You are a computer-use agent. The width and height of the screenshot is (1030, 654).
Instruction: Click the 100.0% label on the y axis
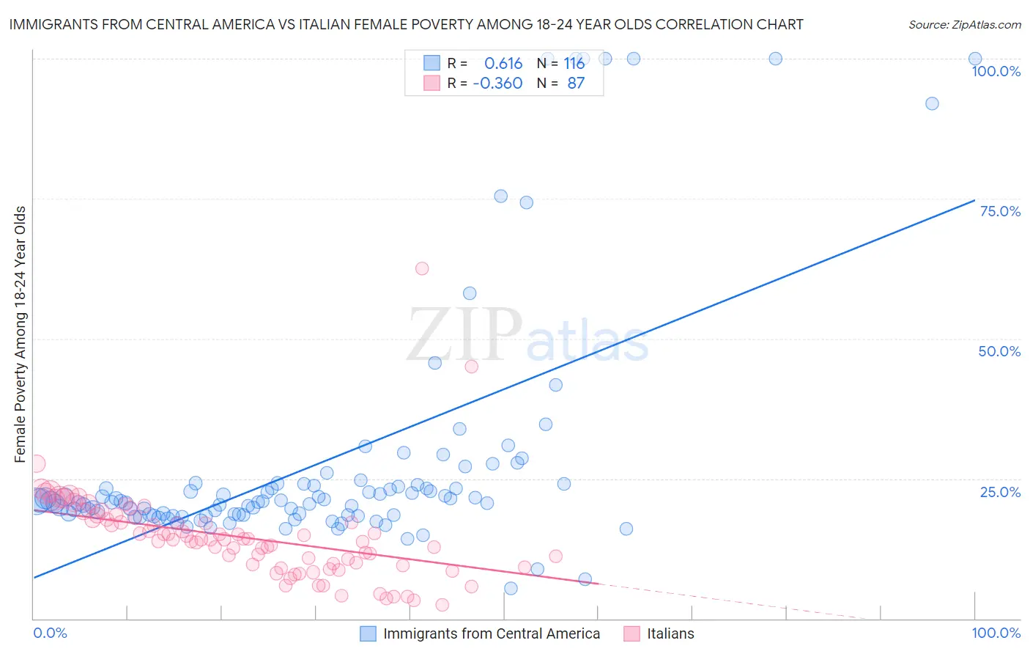click(996, 71)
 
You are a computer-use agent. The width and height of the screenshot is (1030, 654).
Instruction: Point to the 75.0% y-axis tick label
click(1000, 211)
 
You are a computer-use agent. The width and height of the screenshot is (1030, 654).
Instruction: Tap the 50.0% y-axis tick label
click(999, 351)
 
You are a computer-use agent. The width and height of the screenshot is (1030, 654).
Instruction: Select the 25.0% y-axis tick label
click(1000, 491)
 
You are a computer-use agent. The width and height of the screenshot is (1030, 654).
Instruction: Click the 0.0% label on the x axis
click(50, 633)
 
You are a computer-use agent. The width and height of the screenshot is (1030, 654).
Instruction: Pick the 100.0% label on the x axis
click(996, 633)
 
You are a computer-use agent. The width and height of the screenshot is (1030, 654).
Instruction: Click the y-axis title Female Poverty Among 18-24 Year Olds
click(20, 334)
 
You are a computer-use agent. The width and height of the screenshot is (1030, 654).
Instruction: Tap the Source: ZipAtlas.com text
click(964, 24)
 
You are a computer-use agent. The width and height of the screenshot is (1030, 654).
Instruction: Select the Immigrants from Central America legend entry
click(491, 633)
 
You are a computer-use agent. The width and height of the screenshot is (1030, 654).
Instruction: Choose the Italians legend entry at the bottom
click(670, 633)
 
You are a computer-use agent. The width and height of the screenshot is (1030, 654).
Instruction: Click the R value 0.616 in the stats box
click(503, 63)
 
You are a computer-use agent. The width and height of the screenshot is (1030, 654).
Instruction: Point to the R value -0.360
click(497, 83)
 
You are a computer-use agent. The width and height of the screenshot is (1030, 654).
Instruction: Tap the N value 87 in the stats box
click(576, 83)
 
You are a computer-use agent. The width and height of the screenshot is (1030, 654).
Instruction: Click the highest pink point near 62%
click(422, 268)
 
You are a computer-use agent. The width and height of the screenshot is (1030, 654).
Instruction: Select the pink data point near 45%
click(471, 367)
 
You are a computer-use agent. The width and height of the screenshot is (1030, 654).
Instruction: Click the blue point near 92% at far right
click(932, 103)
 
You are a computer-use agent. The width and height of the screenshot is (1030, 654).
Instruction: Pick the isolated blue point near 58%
click(470, 293)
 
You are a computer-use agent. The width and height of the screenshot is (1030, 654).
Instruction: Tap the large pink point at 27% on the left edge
click(36, 463)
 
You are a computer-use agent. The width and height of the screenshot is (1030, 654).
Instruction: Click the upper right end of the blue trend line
click(974, 199)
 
